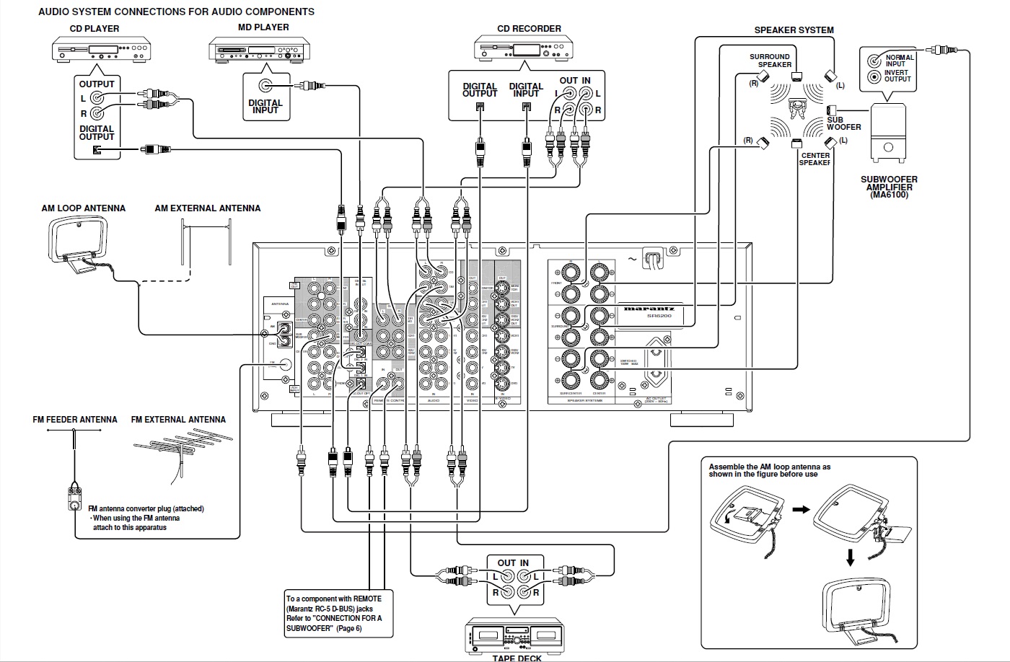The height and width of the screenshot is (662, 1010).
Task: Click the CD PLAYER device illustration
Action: pyautogui.click(x=102, y=50)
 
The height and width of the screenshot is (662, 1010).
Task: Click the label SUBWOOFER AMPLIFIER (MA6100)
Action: pyautogui.click(x=890, y=187)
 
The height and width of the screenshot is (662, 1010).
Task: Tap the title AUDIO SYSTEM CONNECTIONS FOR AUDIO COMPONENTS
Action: pyautogui.click(x=176, y=12)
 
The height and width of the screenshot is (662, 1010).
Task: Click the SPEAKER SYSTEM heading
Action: pyautogui.click(x=794, y=30)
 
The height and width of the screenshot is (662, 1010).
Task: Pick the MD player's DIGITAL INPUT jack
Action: pyautogui.click(x=266, y=86)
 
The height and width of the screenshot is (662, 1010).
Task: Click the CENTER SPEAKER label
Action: pyautogui.click(x=815, y=159)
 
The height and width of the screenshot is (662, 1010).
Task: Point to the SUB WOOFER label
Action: pyautogui.click(x=843, y=123)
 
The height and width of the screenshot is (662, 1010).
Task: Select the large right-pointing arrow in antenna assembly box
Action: pyautogui.click(x=802, y=509)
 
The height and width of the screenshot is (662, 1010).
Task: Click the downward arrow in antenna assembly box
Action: pyautogui.click(x=851, y=557)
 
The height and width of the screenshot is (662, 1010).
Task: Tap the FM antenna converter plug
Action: pyautogui.click(x=74, y=495)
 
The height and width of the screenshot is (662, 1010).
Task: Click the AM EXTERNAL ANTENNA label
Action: pyautogui.click(x=208, y=208)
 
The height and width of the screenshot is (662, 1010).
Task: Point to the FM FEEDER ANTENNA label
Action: pyautogui.click(x=75, y=419)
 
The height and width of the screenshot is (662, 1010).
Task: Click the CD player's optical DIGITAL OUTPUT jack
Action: pyautogui.click(x=97, y=150)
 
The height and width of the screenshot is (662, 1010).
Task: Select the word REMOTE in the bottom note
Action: pyautogui.click(x=368, y=599)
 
